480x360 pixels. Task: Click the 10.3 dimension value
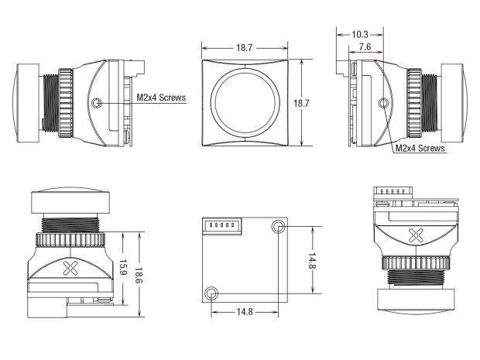tap(360, 34)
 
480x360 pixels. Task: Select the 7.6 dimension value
tap(365, 46)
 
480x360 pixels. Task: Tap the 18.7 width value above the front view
tap(245, 48)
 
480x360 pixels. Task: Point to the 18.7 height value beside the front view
tap(301, 103)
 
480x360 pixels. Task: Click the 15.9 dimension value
tap(123, 268)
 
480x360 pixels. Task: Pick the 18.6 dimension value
tap(139, 275)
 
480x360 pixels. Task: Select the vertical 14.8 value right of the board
tap(312, 260)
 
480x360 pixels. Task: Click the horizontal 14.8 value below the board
tap(245, 312)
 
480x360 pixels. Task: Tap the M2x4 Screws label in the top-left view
tap(161, 98)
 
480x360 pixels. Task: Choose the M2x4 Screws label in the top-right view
tap(420, 148)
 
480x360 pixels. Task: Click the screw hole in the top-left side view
tap(97, 102)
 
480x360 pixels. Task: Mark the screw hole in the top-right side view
tap(383, 103)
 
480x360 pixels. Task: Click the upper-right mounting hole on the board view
tap(278, 226)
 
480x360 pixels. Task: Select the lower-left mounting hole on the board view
tap(211, 293)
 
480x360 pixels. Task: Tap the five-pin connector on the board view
tap(222, 226)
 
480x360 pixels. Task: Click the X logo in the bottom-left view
tap(70, 268)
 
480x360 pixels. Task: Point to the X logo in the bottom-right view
tap(417, 235)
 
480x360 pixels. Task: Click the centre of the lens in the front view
tap(245, 103)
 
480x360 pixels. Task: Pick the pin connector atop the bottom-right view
tap(393, 190)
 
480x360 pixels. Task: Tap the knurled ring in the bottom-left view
tap(70, 239)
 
